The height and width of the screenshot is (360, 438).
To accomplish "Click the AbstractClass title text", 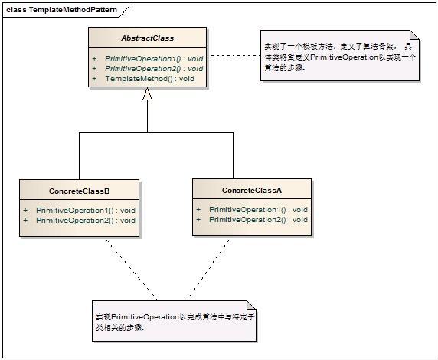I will coord(147,37).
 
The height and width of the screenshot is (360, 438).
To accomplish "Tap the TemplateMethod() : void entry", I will coord(149,78).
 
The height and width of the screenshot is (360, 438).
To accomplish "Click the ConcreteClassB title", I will coord(79,189).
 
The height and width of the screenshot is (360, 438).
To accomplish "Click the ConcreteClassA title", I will coord(252,189).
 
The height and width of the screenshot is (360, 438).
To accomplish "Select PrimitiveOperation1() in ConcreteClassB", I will coord(86,210).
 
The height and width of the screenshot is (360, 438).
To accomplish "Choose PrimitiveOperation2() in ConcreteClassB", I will coord(86,220).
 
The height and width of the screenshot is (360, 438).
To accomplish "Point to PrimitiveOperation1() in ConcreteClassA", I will coord(258,209).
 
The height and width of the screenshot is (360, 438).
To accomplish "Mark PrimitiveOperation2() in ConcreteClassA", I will coord(258,219).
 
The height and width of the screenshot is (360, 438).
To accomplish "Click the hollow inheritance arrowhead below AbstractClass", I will coord(147,93).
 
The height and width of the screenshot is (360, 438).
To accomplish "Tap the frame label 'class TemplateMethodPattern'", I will coord(57,8).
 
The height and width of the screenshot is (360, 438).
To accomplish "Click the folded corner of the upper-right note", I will coord(414,35).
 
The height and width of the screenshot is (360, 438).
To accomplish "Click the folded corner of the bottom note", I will coord(250,305).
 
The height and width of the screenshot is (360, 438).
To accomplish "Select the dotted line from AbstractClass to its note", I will coord(230,55).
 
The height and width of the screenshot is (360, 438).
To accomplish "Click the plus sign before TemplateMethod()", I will coord(94,78).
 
